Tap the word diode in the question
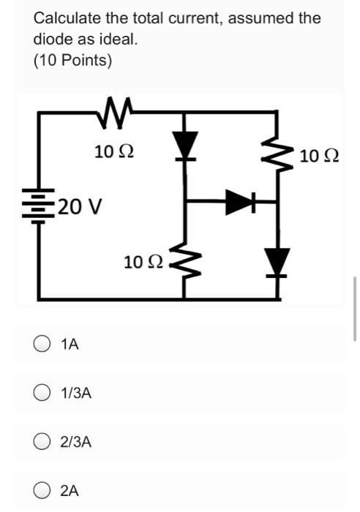coord(52,39)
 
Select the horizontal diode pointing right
coord(239,203)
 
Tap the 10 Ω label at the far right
coord(319,156)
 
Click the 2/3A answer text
coord(77,442)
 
